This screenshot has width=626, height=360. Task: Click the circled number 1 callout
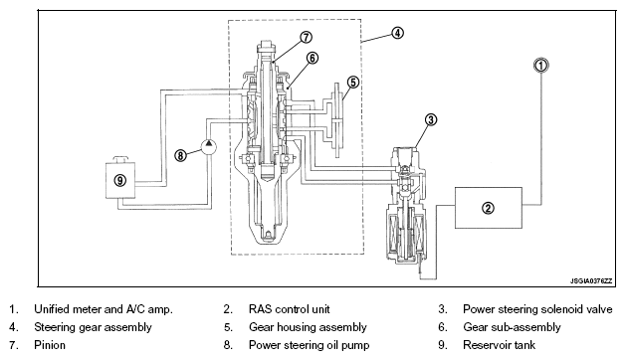pyautogui.click(x=541, y=65)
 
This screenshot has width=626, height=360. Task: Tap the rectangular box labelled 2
pyautogui.click(x=489, y=208)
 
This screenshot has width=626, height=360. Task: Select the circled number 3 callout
pyautogui.click(x=430, y=119)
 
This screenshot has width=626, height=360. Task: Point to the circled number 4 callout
pyautogui.click(x=397, y=33)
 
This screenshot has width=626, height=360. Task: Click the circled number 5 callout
pyautogui.click(x=353, y=83)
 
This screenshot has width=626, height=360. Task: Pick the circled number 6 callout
pyautogui.click(x=313, y=58)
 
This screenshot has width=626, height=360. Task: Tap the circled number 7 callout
pyautogui.click(x=306, y=37)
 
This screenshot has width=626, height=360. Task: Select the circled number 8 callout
pyautogui.click(x=180, y=155)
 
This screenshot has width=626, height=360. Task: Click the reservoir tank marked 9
pyautogui.click(x=120, y=180)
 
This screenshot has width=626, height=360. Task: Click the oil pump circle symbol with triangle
pyautogui.click(x=208, y=146)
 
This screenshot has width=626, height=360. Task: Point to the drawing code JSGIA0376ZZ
pyautogui.click(x=591, y=281)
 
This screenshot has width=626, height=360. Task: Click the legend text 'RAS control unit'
pyautogui.click(x=289, y=309)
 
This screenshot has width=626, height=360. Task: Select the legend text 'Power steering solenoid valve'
pyautogui.click(x=537, y=309)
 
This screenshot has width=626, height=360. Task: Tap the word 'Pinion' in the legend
pyautogui.click(x=50, y=345)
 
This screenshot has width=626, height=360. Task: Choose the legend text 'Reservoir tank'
pyautogui.click(x=499, y=345)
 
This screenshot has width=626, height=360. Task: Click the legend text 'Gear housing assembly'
pyautogui.click(x=308, y=327)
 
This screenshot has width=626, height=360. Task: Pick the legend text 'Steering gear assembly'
pyautogui.click(x=93, y=327)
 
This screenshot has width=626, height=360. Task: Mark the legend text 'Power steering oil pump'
pyautogui.click(x=309, y=345)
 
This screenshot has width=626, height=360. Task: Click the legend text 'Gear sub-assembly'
pyautogui.click(x=512, y=327)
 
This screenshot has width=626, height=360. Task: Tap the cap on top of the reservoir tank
pyautogui.click(x=120, y=159)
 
